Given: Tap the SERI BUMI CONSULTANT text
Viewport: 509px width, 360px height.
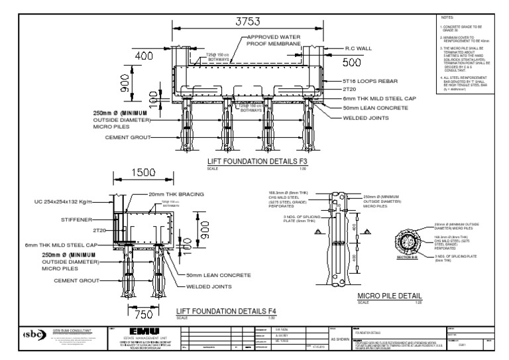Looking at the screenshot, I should coord(72,329).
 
